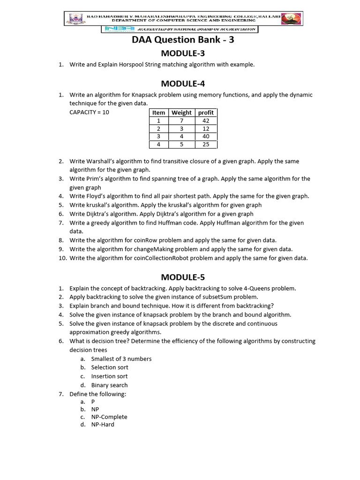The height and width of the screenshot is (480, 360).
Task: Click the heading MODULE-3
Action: pyautogui.click(x=183, y=53)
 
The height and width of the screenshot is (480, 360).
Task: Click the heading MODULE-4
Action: pyautogui.click(x=183, y=83)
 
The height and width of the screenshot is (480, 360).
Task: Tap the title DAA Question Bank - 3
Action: pyautogui.click(x=183, y=40)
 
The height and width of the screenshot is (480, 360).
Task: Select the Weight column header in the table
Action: pyautogui.click(x=181, y=112)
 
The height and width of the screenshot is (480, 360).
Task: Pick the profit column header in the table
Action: pyautogui.click(x=206, y=112)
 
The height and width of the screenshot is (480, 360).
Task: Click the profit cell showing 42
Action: pyautogui.click(x=206, y=120)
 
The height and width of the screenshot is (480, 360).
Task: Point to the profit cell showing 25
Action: pyautogui.click(x=206, y=144)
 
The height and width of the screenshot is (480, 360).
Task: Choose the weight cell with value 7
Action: pyautogui.click(x=181, y=120)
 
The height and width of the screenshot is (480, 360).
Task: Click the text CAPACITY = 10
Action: pyautogui.click(x=89, y=112)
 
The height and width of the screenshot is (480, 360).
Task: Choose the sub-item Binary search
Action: pyautogui.click(x=109, y=385)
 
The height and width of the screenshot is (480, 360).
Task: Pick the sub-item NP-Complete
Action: pyautogui.click(x=109, y=417)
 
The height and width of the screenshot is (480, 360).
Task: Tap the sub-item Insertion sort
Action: pyautogui.click(x=109, y=376)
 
